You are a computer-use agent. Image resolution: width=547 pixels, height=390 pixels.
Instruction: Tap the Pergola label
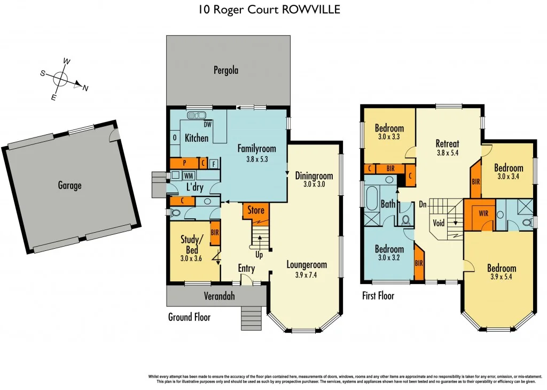click(x=225, y=70)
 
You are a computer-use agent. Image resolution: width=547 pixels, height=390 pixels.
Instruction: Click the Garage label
click(x=70, y=186)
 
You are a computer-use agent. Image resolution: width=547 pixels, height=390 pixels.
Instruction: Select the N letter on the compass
click(x=85, y=88)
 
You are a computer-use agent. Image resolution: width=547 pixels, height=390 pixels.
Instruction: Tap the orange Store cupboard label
click(x=256, y=210)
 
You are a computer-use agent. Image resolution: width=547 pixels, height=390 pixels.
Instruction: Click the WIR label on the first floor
click(x=483, y=213)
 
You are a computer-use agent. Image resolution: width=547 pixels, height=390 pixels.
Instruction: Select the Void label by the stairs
click(x=438, y=223)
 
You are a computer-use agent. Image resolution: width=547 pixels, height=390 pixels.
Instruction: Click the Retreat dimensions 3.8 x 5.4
click(x=447, y=152)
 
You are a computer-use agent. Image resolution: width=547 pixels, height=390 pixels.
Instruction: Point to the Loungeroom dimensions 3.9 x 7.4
click(x=306, y=275)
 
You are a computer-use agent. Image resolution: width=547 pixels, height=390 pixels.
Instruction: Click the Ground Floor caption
click(x=189, y=317)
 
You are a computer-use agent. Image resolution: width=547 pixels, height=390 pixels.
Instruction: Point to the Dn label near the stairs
click(x=422, y=204)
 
